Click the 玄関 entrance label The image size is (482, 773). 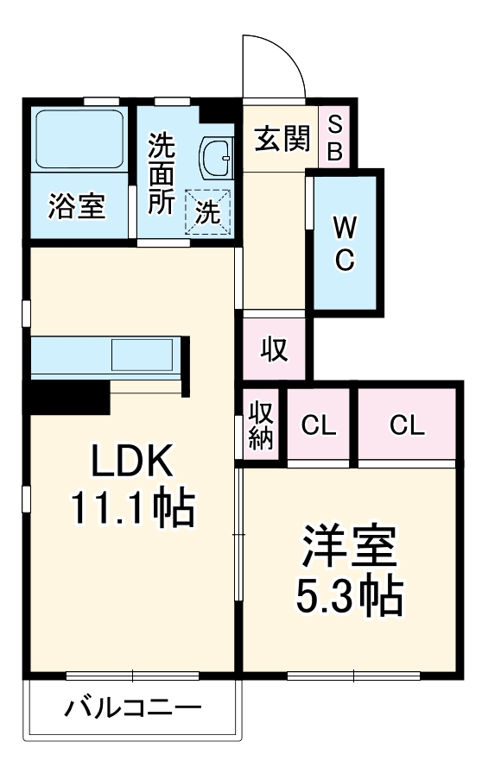point(282,138)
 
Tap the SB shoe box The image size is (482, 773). point(336,138)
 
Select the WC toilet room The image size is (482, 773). point(345,243)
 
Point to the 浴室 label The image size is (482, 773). point(77,207)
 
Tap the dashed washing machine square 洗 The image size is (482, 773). point(208,211)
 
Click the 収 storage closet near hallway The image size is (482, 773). point(274,349)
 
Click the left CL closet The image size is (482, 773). point(319,425)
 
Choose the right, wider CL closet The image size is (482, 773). point(407,425)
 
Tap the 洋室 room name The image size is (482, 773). point(348,544)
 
